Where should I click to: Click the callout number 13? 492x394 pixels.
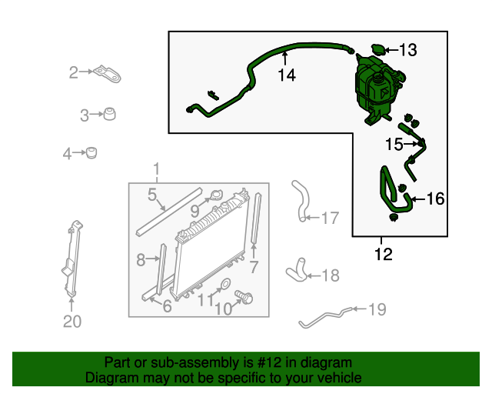click(x=408, y=50)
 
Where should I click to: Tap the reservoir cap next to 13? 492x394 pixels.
click(x=377, y=49)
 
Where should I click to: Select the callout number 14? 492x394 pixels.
click(x=287, y=75)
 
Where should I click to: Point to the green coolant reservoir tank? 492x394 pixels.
click(x=379, y=89)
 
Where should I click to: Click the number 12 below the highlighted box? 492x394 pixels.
click(x=384, y=254)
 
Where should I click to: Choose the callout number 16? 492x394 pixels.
click(x=436, y=199)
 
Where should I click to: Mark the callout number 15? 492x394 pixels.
click(x=394, y=144)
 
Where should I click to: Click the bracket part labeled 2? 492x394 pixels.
click(x=108, y=75)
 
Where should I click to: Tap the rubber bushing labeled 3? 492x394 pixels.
click(x=109, y=114)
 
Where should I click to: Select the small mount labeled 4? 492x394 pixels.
click(x=91, y=152)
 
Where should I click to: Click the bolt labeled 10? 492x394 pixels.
click(x=244, y=296)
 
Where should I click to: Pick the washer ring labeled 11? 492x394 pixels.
click(x=224, y=284)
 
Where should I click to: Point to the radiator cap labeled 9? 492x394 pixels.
click(x=216, y=195)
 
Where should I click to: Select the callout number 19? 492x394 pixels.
click(x=377, y=309)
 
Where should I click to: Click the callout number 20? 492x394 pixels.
click(x=72, y=322)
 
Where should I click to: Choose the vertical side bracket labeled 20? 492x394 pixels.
click(x=72, y=259)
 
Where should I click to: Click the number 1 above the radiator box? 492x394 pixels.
click(x=156, y=169)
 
